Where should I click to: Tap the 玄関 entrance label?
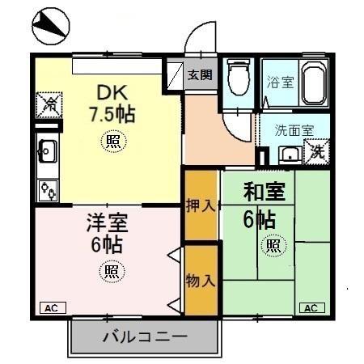201,75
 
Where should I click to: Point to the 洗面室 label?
289,129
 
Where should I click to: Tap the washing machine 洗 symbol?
318,150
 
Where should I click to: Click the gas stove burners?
48,190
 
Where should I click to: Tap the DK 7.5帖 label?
112,103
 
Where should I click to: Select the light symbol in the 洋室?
111,271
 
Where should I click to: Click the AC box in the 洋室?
51,307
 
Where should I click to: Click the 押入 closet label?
200,205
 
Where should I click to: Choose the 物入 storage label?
200,281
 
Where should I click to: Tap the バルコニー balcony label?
145,336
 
